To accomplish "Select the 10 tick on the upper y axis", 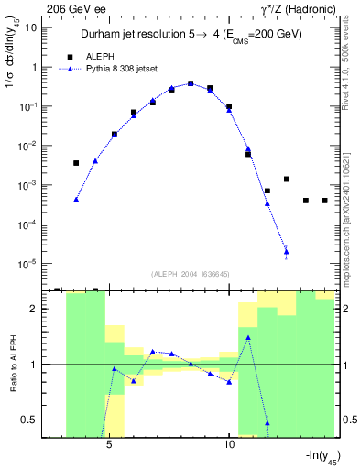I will [x=31, y=27].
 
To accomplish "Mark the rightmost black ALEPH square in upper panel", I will [x=324, y=200].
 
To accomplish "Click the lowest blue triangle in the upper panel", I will [x=286, y=251].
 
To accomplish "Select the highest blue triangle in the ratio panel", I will [x=248, y=337].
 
